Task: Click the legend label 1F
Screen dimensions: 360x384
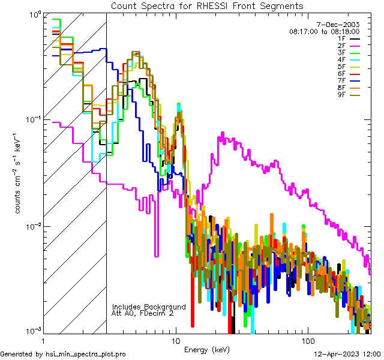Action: pos(343,38)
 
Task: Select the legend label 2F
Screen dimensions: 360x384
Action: pos(343,45)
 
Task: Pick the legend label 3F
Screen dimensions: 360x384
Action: pos(343,52)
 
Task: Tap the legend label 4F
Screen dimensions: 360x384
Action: pos(343,59)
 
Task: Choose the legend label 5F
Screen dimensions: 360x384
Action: pos(343,67)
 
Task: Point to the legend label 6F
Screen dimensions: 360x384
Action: pos(343,74)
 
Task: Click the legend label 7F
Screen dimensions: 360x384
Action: pos(343,81)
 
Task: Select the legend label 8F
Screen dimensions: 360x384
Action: pos(343,88)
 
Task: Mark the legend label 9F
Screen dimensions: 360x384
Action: pos(343,95)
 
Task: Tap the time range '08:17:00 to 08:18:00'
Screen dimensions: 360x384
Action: pos(324,31)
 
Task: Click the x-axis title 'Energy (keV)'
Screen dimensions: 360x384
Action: pos(206,350)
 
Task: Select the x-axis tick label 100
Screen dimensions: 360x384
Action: pos(307,340)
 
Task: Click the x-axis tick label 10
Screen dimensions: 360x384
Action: pos(176,340)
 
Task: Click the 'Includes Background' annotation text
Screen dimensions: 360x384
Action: pos(149,307)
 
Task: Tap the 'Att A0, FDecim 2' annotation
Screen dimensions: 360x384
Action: pos(143,313)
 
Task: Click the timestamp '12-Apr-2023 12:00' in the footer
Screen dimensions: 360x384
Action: pos(349,354)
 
